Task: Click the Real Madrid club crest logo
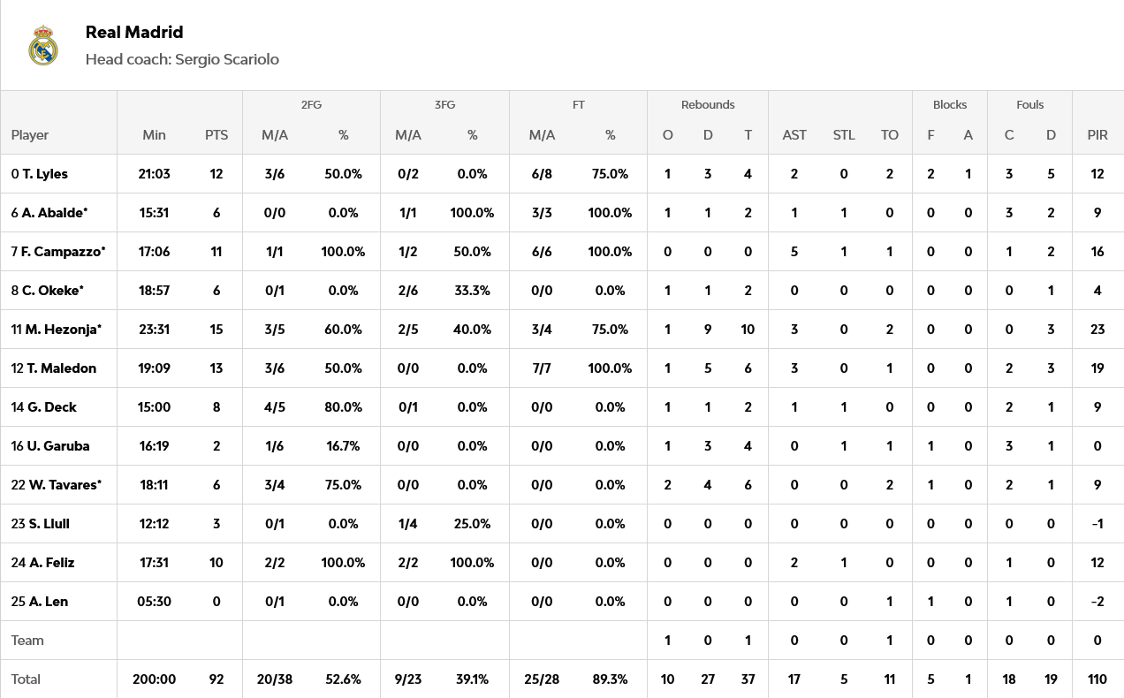click(43, 46)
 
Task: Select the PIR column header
click(1097, 135)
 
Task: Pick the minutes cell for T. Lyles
click(154, 174)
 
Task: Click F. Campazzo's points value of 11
click(216, 252)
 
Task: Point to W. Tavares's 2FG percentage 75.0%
click(343, 485)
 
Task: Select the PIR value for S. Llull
click(1097, 524)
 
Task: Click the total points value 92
click(216, 679)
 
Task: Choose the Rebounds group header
click(708, 104)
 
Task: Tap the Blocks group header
click(950, 104)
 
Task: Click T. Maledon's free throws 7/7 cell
click(542, 368)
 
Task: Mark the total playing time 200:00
click(154, 679)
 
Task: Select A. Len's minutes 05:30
click(154, 602)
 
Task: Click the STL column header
click(844, 135)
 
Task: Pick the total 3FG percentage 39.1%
click(472, 679)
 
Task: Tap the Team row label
click(27, 641)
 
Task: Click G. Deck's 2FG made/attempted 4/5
click(275, 407)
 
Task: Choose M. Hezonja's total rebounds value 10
click(748, 330)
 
